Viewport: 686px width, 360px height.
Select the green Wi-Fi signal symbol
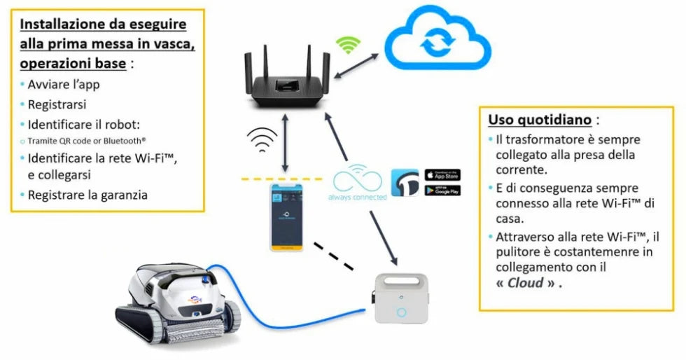(x=348, y=46)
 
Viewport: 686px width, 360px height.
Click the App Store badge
(x=442, y=174)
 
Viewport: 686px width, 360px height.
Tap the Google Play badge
(x=442, y=190)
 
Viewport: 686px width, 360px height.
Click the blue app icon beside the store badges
(x=405, y=182)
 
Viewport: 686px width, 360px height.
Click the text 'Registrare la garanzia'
(x=87, y=195)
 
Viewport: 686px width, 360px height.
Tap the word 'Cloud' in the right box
(x=526, y=284)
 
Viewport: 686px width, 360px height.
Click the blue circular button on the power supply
(x=401, y=311)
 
